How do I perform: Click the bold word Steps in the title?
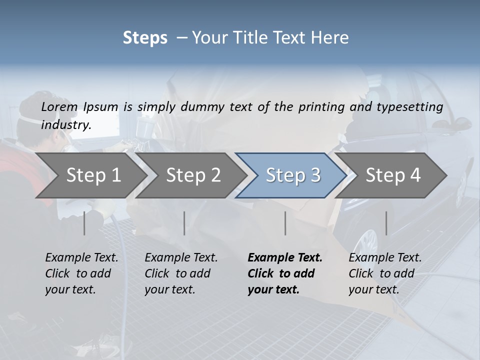point(145,37)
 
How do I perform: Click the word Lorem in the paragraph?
point(59,106)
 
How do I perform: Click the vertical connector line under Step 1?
point(84,223)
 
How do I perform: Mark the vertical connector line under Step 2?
point(184,223)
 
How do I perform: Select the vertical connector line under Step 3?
point(285,223)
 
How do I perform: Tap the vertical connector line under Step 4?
point(386,223)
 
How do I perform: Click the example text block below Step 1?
point(81,273)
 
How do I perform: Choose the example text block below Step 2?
point(181,273)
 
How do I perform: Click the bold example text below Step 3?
point(285,273)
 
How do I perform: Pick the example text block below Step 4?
point(385,273)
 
